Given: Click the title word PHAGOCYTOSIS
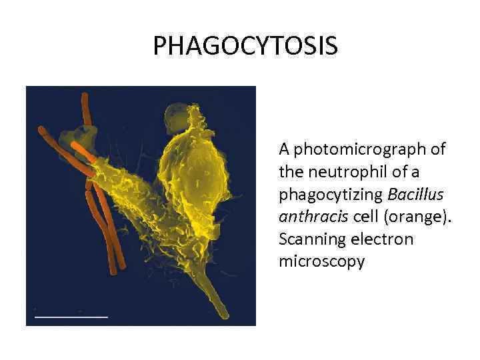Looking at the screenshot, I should pos(245,46).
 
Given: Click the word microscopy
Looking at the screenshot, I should pos(322,261).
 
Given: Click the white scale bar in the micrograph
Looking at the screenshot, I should pos(71,315).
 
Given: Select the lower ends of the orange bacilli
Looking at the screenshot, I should pos(115,267).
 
